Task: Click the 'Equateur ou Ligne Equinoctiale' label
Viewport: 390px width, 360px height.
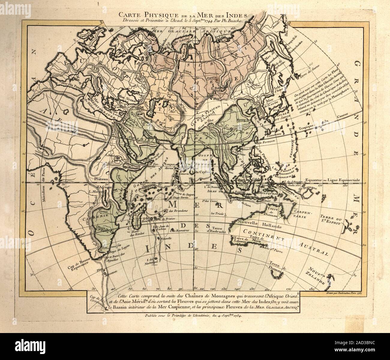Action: point(333,180)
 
